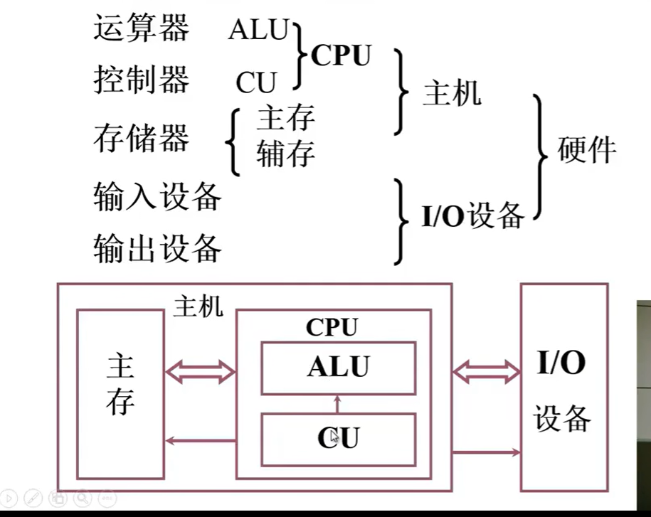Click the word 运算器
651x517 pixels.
(x=142, y=29)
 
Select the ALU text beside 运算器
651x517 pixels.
(x=258, y=31)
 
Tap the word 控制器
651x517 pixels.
(x=142, y=80)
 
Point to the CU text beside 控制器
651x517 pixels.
(x=256, y=84)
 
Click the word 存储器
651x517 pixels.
(x=142, y=138)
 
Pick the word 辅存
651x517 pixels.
(x=285, y=154)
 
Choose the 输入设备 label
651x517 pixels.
(x=157, y=196)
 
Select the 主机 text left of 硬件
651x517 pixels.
(x=452, y=93)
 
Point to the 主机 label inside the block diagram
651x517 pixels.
(x=199, y=307)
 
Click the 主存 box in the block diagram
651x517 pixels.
(x=120, y=393)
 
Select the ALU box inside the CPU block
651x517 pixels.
(x=338, y=368)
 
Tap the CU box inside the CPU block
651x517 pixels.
(x=338, y=437)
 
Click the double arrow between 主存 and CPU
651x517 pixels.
(x=200, y=371)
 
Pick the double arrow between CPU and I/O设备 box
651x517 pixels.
(x=487, y=371)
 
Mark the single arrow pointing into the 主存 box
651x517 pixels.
(x=200, y=441)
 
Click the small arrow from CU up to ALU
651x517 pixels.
(x=338, y=404)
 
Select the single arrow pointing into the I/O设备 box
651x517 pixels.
(x=486, y=452)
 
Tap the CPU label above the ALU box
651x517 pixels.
(x=332, y=328)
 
